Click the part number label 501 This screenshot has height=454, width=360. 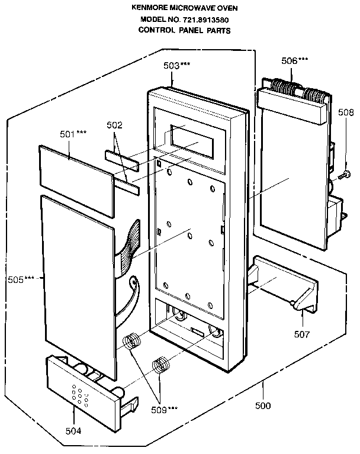coord(69,134)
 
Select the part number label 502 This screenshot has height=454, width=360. coord(114,125)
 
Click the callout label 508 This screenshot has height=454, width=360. coord(345,112)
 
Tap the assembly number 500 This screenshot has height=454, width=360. coord(262,406)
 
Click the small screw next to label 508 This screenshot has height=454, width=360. coord(343,175)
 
